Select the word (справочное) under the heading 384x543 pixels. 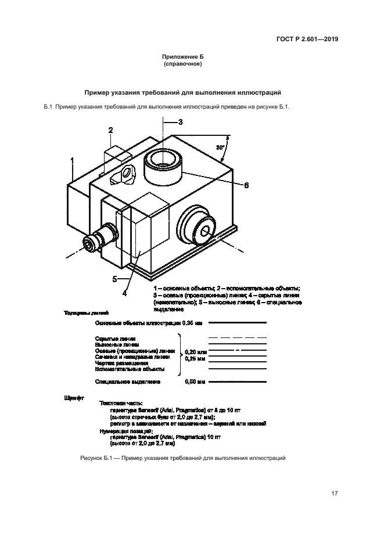pos(183,65)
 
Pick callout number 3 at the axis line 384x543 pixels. pos(180,122)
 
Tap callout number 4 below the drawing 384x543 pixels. pos(124,293)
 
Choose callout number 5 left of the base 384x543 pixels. pos(114,279)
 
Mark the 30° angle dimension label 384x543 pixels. pos(221,148)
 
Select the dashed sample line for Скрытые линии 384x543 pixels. pos(238,337)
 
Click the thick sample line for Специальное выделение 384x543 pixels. pos(238,382)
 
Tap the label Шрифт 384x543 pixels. pos(74,399)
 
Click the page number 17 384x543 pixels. pos(334,494)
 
